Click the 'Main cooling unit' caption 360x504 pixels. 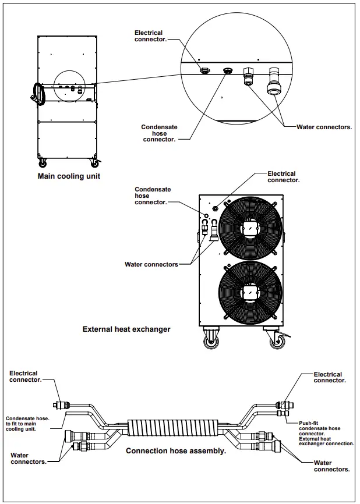69,176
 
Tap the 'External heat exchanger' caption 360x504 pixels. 126,329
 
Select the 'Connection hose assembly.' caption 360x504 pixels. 176,451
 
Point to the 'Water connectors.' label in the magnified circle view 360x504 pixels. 324,127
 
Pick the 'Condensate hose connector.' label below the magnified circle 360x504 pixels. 159,133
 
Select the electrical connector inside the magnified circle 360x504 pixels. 204,70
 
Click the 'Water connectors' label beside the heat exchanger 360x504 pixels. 151,264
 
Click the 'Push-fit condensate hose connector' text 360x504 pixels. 320,428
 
